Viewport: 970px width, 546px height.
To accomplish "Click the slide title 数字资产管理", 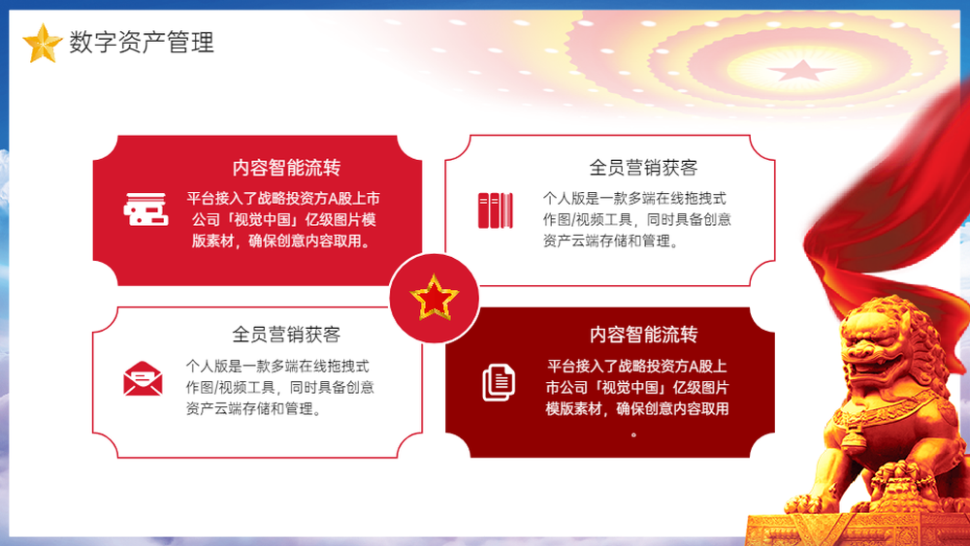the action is pos(142,42).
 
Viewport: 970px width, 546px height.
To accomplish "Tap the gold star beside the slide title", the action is pos(42,44).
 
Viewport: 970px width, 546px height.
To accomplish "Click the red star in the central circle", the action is pos(435,298).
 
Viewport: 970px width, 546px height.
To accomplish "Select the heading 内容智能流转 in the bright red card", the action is pos(286,168).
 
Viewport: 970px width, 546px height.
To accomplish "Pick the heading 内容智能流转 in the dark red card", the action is pos(643,335).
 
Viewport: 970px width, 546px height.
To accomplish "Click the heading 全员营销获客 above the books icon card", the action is pos(643,168).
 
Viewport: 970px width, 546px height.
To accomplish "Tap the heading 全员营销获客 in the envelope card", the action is pos(286,335).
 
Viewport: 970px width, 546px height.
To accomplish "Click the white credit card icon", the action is pos(146,209).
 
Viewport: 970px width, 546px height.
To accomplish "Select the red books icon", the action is pos(496,210).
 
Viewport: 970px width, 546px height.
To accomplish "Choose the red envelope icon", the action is pos(143,378).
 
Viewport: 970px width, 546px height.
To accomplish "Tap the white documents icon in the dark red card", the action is pos(499,382).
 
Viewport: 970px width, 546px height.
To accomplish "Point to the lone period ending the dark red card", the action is pos(633,434).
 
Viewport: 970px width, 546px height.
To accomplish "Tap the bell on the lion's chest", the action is pos(855,437).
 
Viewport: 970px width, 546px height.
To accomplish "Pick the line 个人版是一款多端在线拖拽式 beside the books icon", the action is pos(634,199).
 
